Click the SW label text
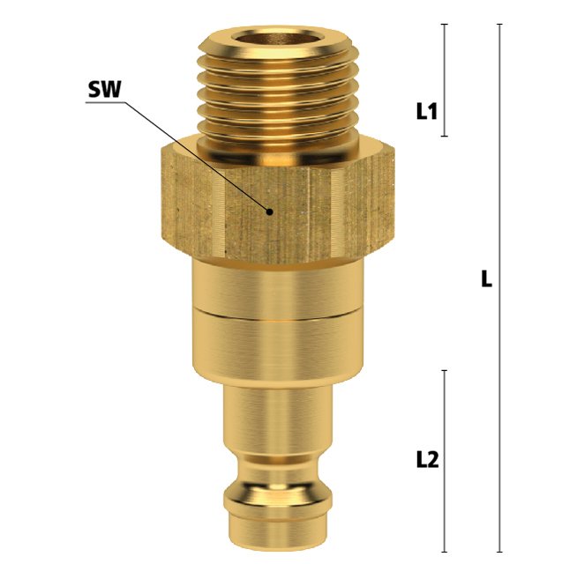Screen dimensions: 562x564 (105, 89)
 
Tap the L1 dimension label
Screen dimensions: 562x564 (427, 111)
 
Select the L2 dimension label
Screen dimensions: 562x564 (427, 460)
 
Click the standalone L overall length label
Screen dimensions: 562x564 (486, 279)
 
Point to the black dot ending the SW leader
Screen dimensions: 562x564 (269, 211)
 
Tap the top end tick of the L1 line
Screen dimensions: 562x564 (445, 24)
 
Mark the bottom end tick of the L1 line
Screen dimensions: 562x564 (445, 136)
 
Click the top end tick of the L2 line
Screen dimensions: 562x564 (445, 370)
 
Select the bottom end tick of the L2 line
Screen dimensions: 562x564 (445, 553)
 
